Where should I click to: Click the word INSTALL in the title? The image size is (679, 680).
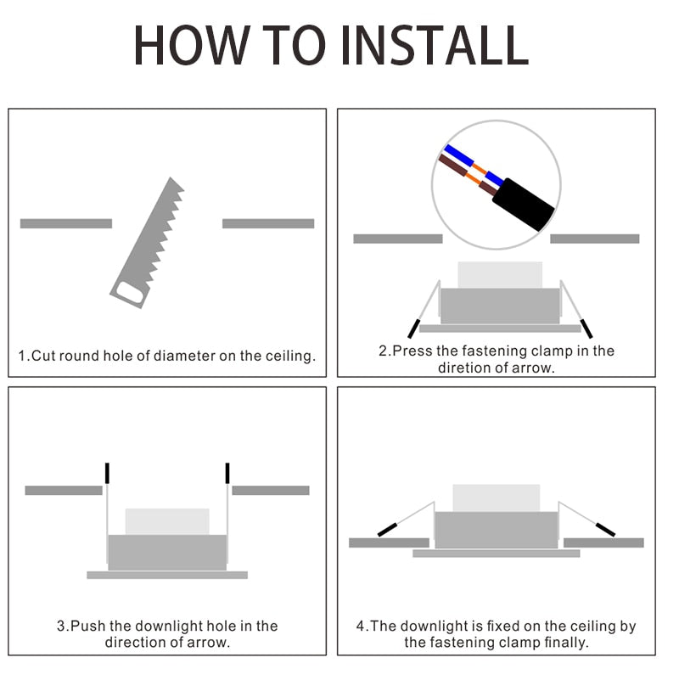[x=435, y=45]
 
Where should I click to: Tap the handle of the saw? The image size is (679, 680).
[x=130, y=293]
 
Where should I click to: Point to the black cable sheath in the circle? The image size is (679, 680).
[x=524, y=204]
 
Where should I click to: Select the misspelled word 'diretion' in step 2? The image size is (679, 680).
[x=463, y=368]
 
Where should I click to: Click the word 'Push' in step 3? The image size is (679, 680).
[x=87, y=626]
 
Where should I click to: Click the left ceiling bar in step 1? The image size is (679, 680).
[x=66, y=223]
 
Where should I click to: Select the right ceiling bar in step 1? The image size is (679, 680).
[x=268, y=223]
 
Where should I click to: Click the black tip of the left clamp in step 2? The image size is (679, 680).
[x=413, y=329]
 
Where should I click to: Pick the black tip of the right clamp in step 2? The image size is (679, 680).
[x=586, y=329]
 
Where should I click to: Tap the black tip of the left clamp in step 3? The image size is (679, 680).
[x=107, y=473]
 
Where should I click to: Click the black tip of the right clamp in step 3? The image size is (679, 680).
[x=227, y=473]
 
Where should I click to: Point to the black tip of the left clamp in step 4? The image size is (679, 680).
[x=387, y=530]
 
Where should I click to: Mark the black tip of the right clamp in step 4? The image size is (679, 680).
[x=605, y=530]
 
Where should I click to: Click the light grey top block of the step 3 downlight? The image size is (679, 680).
[x=167, y=522]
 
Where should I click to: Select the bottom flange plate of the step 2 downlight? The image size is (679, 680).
[x=500, y=329]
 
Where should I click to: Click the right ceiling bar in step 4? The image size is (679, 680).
[x=603, y=542]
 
